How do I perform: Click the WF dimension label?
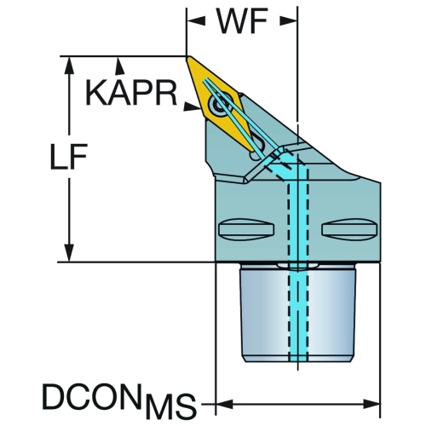242,21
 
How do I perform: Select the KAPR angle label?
131,93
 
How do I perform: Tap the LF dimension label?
68,157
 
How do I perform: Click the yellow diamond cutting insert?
220,104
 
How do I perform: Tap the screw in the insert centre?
221,106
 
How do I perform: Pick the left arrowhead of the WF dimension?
196,21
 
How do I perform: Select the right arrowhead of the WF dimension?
288,21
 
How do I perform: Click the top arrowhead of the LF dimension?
69,66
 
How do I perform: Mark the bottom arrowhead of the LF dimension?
69,252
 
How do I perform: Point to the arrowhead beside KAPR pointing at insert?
192,106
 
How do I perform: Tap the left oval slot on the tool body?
246,229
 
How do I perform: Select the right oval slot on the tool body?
350,229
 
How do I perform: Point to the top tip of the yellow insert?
187,57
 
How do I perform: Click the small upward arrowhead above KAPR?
119,66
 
